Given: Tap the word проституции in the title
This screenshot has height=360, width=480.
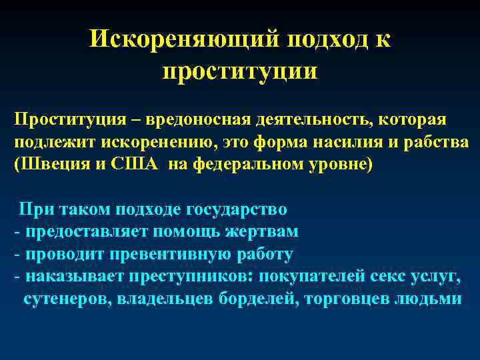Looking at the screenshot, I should pyautogui.click(x=240, y=69).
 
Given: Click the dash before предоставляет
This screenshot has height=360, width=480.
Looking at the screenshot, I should pyautogui.click(x=16, y=232).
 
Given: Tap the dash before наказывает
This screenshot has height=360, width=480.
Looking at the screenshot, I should pyautogui.click(x=16, y=277).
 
